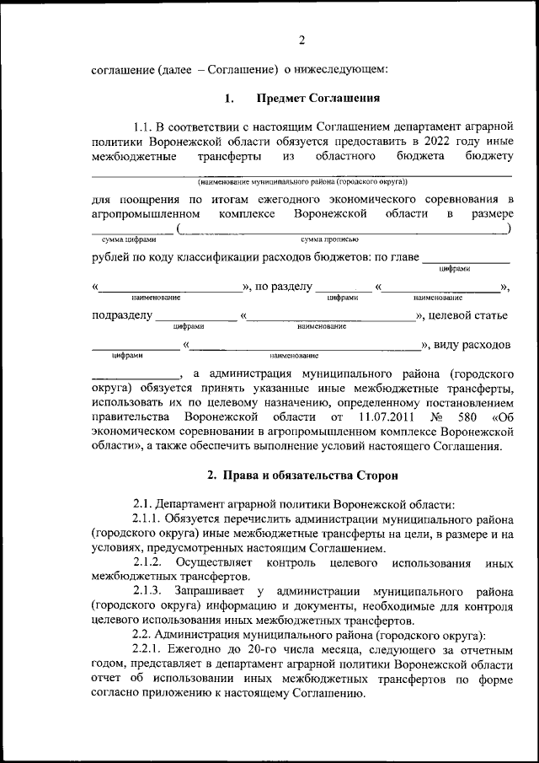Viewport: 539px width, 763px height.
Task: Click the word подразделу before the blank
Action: pyautogui.click(x=121, y=316)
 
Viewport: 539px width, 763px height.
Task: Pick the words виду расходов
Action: pyautogui.click(x=472, y=345)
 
